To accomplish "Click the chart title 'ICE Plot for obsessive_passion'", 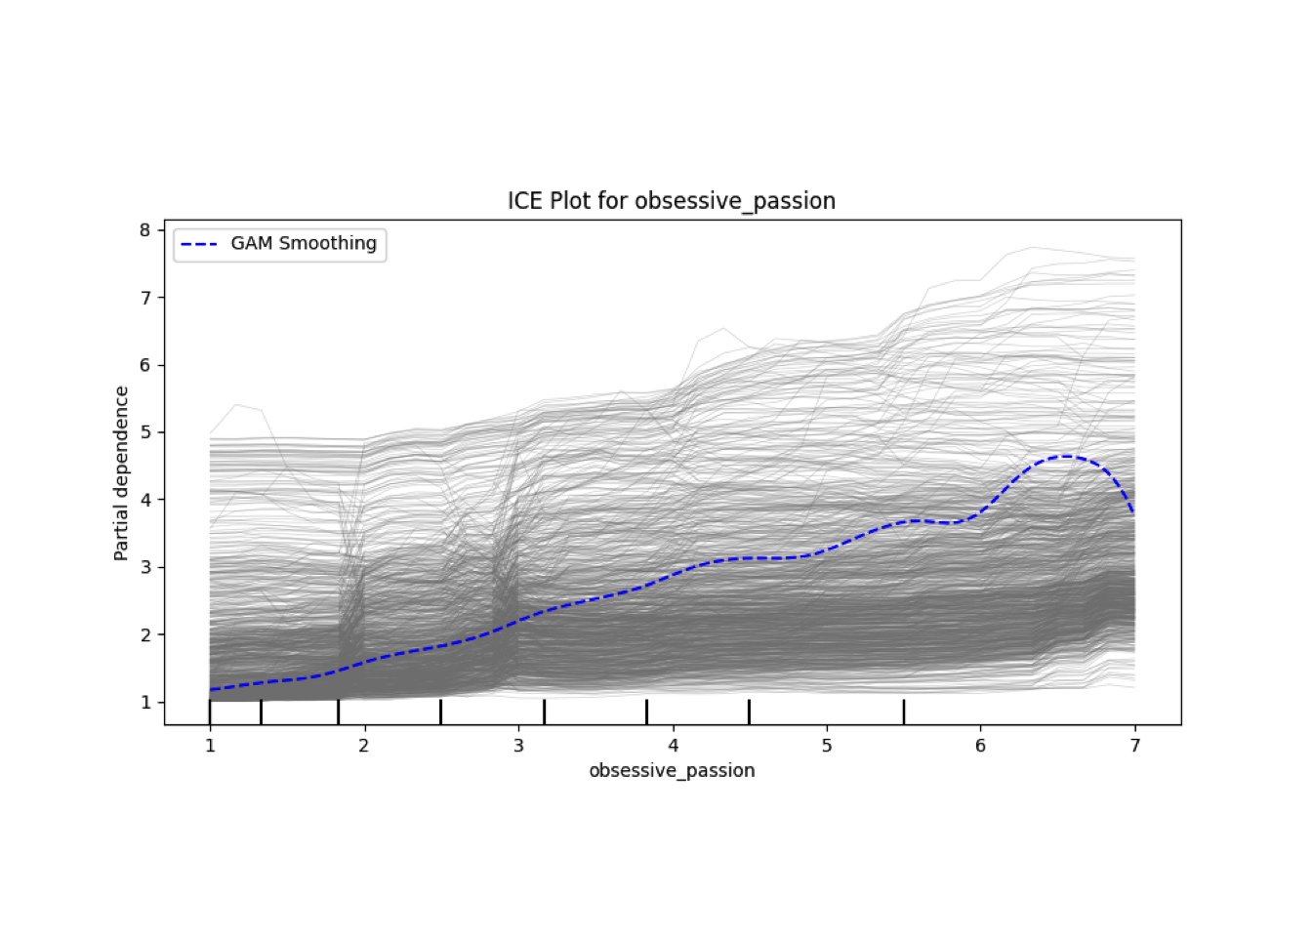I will click(671, 201).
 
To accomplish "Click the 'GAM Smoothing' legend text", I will click(304, 244).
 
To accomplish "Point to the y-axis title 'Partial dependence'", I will click(121, 473).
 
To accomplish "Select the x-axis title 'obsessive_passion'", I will click(672, 771).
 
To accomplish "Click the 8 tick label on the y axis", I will click(145, 230).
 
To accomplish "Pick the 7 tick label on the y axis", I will click(145, 298).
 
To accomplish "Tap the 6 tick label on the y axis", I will click(145, 365).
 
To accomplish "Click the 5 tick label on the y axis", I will click(145, 432).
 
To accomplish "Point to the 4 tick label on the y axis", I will click(145, 500).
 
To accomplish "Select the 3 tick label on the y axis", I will click(145, 567).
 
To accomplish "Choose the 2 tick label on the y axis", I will click(145, 635).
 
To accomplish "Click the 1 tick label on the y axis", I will click(145, 703).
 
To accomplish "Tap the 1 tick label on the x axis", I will click(210, 746).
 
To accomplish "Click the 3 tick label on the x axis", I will click(518, 746).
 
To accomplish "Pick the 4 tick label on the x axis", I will click(673, 746).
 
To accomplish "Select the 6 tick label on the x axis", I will click(981, 746).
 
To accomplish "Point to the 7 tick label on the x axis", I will click(1135, 746).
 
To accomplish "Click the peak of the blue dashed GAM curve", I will click(1066, 456).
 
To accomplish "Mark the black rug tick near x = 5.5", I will click(904, 712).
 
